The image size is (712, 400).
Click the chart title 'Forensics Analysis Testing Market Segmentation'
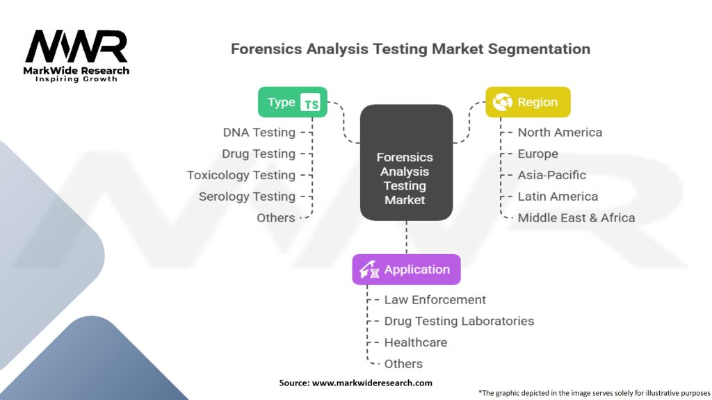410,49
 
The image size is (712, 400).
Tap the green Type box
292,102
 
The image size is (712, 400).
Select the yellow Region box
528,102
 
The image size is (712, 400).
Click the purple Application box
406,269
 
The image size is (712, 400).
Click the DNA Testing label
259,132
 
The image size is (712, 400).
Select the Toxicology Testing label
241,175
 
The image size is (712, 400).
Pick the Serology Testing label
247,197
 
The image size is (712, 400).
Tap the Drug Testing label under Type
259,153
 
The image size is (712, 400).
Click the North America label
560,132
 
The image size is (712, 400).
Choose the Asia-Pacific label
551,175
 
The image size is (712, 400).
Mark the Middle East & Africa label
576,217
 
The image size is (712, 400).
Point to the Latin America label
557,197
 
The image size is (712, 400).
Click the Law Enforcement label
435,299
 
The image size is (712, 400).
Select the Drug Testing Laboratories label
459,321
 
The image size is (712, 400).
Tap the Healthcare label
415,342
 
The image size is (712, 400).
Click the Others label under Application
403,364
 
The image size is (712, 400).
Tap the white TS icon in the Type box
311,103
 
